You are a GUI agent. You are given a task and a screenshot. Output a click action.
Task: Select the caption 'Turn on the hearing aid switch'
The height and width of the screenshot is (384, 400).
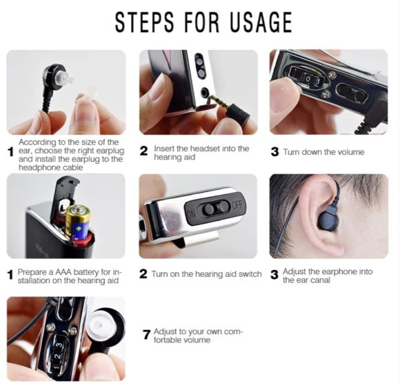[x=206, y=274]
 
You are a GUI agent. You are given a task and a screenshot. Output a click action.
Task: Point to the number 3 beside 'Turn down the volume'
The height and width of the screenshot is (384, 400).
[x=274, y=152]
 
